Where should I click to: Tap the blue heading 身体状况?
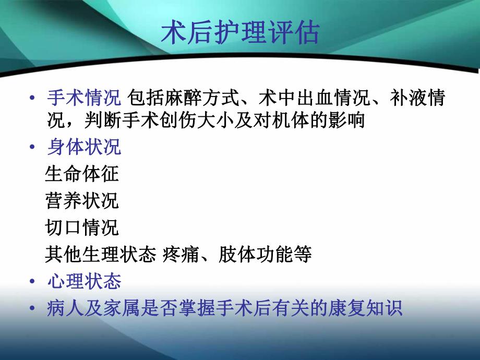(x=84, y=147)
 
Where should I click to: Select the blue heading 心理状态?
(x=84, y=282)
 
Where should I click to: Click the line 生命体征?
(x=82, y=174)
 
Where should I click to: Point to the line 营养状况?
(x=82, y=201)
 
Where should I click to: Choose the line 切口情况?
(x=82, y=227)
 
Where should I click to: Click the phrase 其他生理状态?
(x=101, y=255)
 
